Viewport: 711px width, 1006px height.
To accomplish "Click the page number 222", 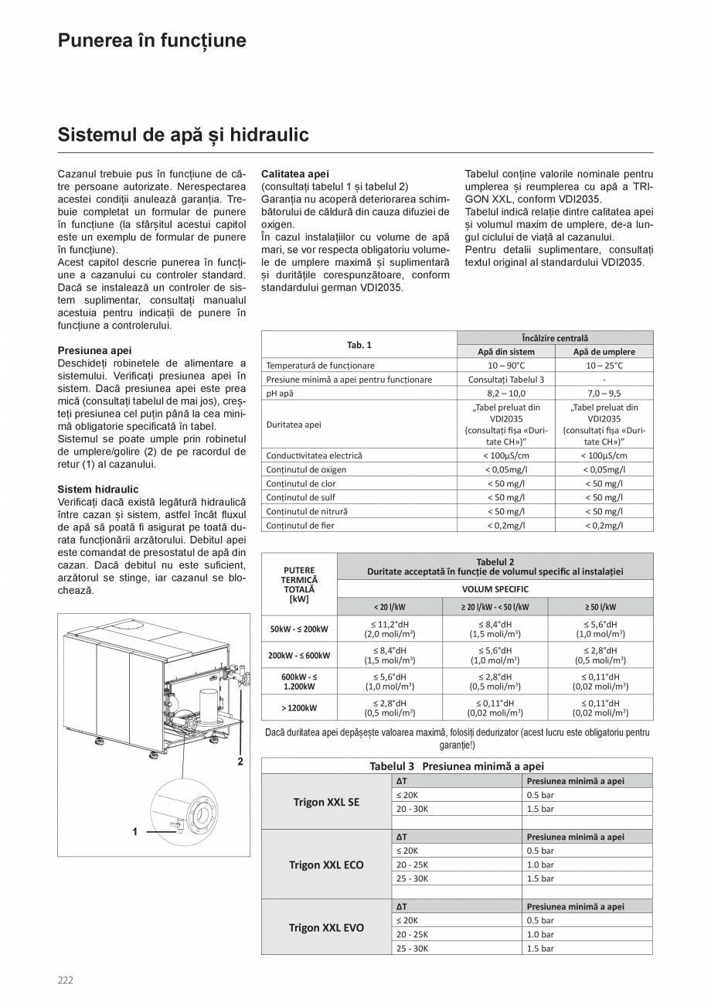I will point(66,980).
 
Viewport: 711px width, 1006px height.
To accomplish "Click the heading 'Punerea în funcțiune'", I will point(152,41).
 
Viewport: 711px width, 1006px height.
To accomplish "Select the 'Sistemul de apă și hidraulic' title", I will point(183,135).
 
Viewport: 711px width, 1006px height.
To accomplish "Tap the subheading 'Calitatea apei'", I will point(295,174).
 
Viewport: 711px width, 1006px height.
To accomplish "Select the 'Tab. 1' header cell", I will point(359,345).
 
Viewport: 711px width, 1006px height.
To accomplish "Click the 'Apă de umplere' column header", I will point(604,352).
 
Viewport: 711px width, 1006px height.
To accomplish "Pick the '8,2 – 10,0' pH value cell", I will point(506,394).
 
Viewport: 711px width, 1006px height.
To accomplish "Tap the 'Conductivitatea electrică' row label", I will point(314,455).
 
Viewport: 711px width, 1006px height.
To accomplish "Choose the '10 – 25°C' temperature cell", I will point(604,366).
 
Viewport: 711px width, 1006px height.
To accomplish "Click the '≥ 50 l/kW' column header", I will point(600,607).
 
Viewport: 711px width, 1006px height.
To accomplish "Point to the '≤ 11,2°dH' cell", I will point(389,623).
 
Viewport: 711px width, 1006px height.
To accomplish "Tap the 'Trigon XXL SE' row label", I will point(326,802).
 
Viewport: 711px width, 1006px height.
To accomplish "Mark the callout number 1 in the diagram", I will point(135,832).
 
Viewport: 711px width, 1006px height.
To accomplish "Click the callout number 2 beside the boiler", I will point(240,761).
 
